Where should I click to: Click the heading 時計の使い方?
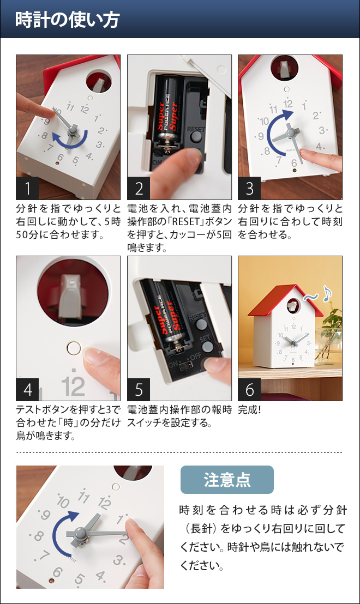[68, 20]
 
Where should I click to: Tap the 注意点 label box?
[227, 480]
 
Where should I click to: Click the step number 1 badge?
[27, 189]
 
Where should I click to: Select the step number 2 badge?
[139, 189]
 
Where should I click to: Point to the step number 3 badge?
[249, 189]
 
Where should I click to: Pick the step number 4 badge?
[27, 389]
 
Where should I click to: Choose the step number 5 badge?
[139, 389]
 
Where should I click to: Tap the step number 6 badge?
[249, 389]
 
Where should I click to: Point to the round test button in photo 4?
[74, 348]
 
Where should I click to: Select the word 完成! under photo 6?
[249, 410]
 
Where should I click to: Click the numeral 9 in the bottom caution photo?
[45, 515]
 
